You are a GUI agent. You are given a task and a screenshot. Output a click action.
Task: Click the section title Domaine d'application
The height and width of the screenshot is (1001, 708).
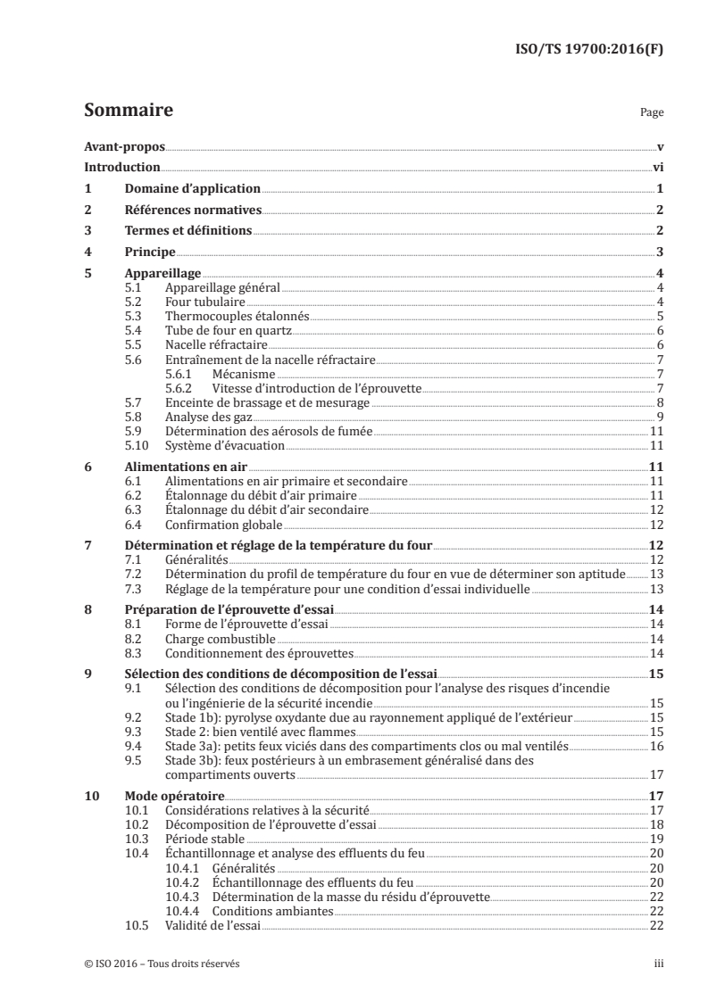pos(192,189)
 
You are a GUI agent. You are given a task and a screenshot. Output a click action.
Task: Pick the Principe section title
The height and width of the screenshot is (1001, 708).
pos(150,252)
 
